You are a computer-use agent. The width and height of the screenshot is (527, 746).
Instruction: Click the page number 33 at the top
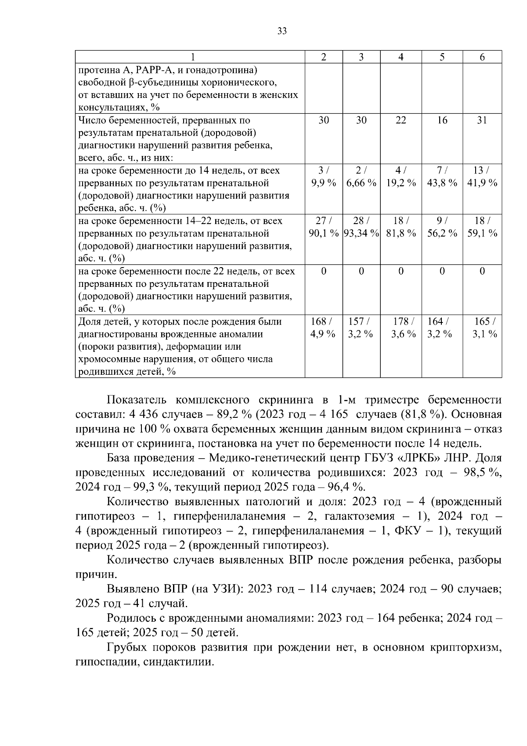click(282, 31)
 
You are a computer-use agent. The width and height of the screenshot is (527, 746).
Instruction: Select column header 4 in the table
click(401, 57)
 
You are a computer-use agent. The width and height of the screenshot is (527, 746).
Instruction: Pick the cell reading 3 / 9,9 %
click(324, 177)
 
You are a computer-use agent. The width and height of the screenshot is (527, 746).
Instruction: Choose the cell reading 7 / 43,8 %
click(442, 177)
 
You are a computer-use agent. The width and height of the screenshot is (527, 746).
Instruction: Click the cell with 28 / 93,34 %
click(361, 227)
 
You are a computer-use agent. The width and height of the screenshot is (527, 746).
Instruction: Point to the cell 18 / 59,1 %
click(482, 227)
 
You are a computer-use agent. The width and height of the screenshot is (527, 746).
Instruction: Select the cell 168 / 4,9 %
click(324, 328)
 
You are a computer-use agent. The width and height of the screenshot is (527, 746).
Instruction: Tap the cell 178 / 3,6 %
click(401, 328)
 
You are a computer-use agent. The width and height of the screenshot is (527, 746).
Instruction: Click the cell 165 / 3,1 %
click(482, 328)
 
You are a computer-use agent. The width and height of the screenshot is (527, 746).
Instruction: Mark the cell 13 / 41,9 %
click(482, 177)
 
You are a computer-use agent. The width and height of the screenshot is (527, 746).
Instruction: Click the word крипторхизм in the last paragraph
click(467, 647)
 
